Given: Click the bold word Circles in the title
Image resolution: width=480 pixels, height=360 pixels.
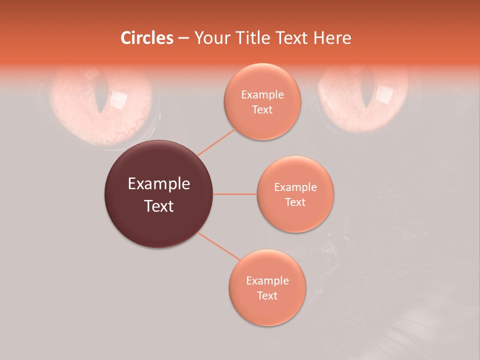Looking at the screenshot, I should point(147,38).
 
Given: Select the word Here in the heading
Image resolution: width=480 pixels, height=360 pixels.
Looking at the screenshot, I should point(332,38).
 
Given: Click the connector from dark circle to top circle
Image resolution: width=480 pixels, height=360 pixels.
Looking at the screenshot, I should point(217,142).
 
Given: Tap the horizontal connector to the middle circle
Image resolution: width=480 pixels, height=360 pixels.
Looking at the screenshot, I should point(235,194).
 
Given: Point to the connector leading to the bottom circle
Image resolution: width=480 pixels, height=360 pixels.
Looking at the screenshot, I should point(218,246).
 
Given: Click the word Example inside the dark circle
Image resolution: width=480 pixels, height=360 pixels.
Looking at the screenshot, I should point(159,184).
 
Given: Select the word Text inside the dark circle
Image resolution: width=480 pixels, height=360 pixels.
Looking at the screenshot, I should point(159,206).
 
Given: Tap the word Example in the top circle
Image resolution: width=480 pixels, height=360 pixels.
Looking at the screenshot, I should point(262,94).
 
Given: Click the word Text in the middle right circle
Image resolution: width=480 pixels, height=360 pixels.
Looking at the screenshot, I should point(295,202).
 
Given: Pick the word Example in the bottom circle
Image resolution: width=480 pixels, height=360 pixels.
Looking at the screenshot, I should point(267,280).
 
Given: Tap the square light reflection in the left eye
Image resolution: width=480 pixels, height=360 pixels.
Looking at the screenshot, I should point(118,100).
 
